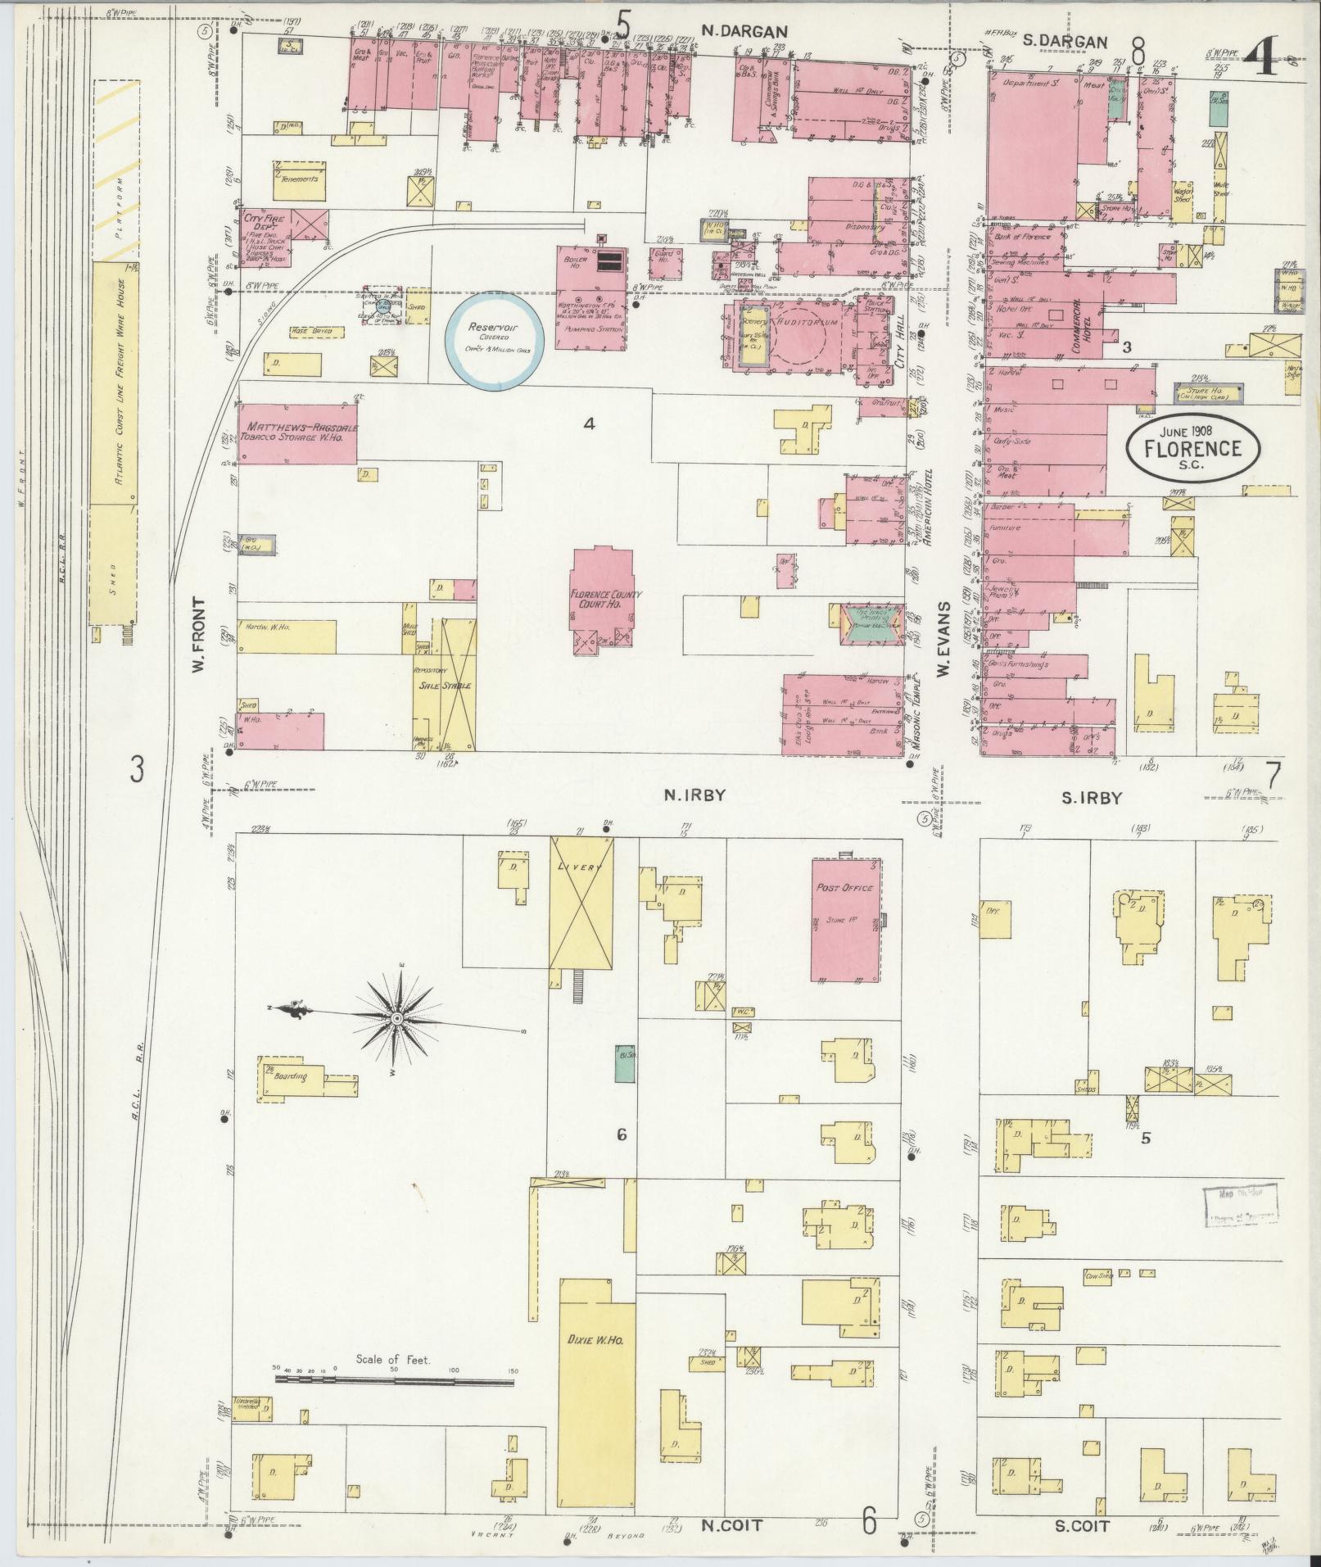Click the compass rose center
[396, 1018]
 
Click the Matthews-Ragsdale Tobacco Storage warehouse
[298, 433]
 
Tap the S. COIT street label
[1084, 1526]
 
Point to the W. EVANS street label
[943, 640]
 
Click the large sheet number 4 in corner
[1262, 59]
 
